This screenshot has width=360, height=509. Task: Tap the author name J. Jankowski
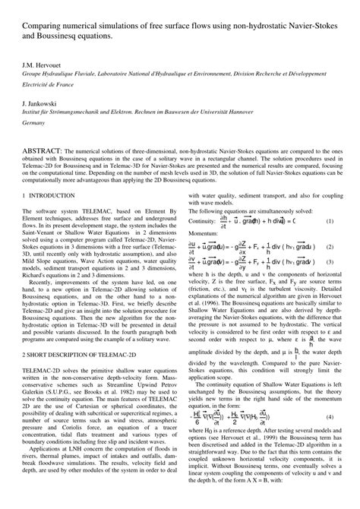point(41,101)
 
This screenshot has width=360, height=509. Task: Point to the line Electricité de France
point(50,87)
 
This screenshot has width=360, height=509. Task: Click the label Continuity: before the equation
point(201,242)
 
